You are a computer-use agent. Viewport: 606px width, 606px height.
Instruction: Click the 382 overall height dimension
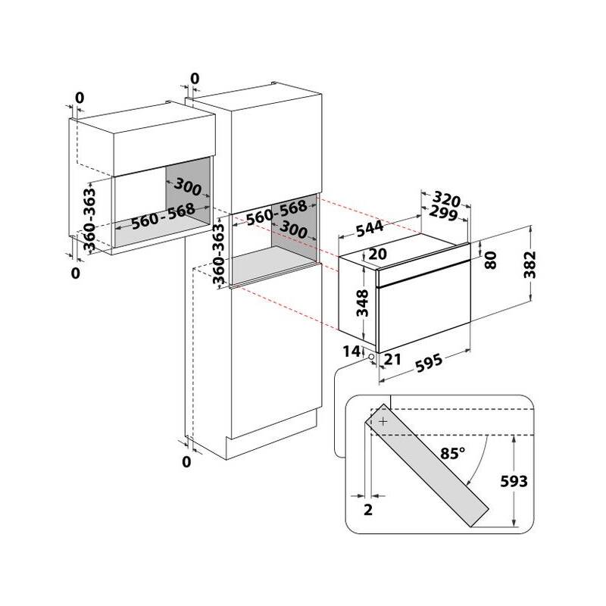(534, 266)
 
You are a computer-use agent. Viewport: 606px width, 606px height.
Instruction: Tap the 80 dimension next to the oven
(491, 261)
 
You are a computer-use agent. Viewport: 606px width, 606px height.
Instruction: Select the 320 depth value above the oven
(448, 201)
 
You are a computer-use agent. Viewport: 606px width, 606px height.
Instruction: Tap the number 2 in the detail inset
(368, 510)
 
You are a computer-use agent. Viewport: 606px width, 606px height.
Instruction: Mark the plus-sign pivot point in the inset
(383, 420)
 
